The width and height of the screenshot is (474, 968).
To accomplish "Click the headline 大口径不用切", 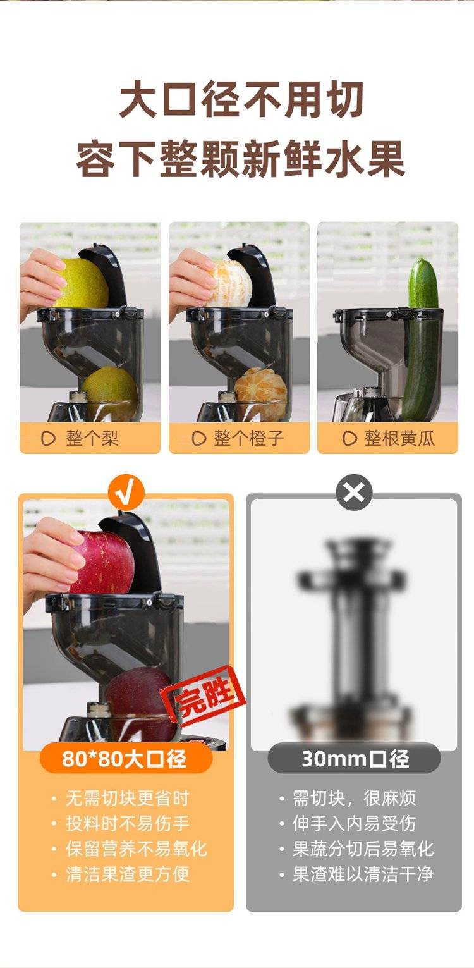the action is [x=241, y=101].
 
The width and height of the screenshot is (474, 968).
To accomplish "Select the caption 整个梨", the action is [x=92, y=438].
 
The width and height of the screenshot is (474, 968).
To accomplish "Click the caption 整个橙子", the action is [x=248, y=438].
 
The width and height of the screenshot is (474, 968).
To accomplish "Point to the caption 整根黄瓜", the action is [x=399, y=438].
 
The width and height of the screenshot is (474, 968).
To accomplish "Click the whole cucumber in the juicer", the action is [x=422, y=338].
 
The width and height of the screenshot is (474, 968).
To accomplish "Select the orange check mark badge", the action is [x=126, y=493].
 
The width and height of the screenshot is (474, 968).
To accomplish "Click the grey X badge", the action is [x=354, y=492].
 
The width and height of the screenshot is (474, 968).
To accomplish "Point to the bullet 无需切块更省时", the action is [x=128, y=798].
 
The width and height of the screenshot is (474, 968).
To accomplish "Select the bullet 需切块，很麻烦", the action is [x=355, y=798].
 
